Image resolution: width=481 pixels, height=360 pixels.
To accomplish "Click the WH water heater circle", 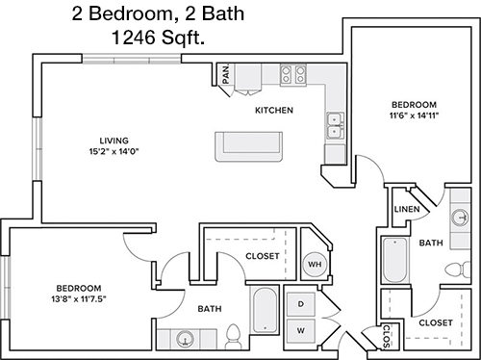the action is (x=315, y=265).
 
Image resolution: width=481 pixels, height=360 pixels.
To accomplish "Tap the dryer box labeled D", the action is (x=301, y=304).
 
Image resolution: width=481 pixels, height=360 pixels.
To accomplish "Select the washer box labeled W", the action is (x=301, y=330).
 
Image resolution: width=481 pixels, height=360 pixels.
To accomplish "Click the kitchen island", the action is (x=248, y=146).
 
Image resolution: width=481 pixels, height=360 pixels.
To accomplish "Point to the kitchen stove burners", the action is (x=293, y=75).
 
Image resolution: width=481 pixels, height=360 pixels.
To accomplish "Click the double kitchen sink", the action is (x=335, y=126).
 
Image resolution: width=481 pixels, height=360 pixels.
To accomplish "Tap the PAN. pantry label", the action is (x=226, y=73).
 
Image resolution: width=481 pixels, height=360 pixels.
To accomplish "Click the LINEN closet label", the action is (x=407, y=209).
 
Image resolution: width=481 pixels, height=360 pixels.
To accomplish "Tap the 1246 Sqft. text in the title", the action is (x=158, y=38).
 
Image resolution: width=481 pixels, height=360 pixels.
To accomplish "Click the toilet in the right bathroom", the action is (x=459, y=269).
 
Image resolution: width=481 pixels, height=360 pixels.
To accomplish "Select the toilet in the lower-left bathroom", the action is (x=234, y=336).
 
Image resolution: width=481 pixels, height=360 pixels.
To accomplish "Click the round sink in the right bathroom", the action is (x=461, y=218).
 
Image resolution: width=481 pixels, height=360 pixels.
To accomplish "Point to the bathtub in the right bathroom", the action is (x=395, y=260).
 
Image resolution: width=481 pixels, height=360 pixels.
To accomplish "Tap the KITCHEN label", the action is (x=274, y=111).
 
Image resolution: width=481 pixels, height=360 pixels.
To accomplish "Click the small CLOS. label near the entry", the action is (x=387, y=337).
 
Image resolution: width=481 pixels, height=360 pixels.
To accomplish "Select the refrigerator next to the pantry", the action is (x=248, y=78).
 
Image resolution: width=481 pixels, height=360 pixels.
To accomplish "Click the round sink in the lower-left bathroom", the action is (x=185, y=338).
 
